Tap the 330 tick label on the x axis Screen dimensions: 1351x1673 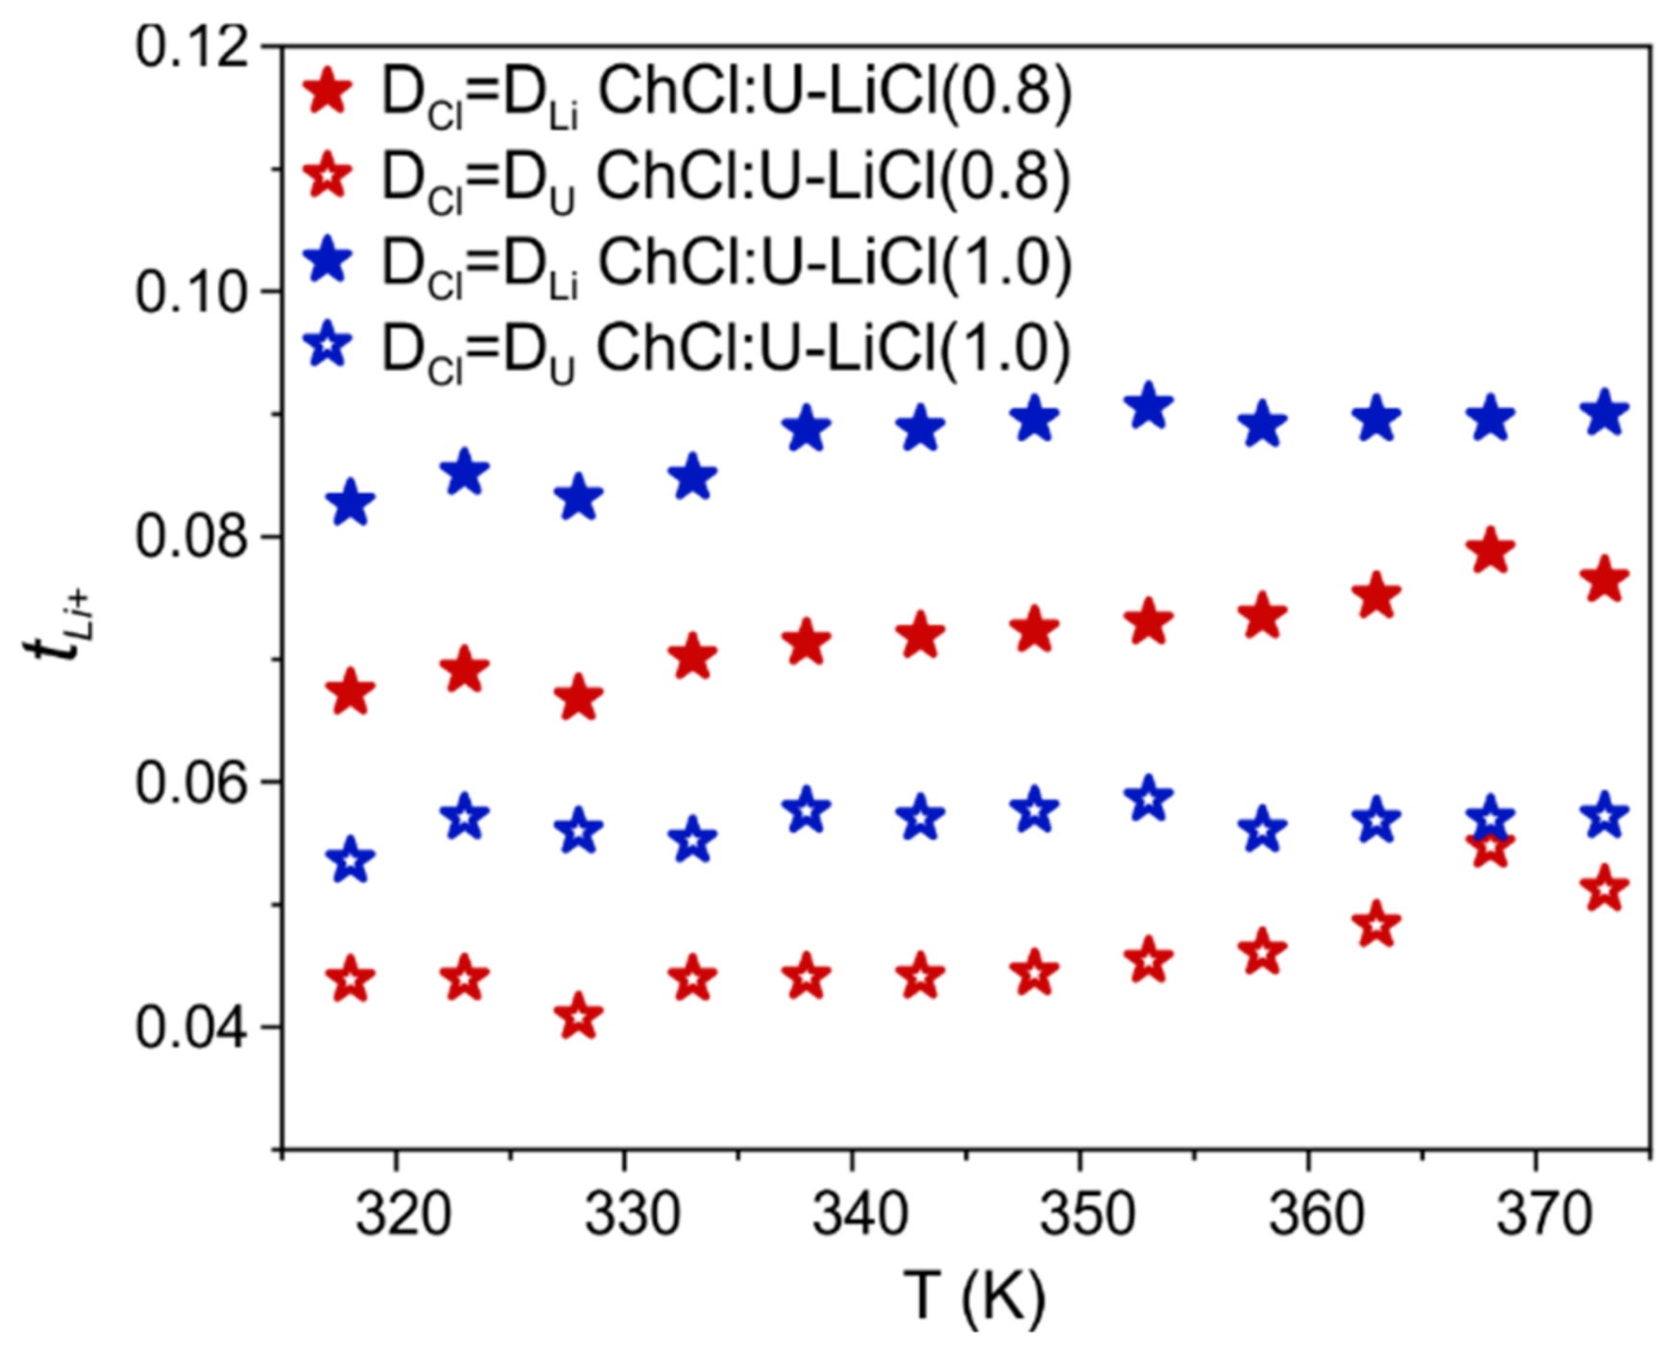(632, 1214)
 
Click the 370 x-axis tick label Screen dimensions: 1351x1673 (1544, 1214)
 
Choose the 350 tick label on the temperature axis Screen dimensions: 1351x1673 (1088, 1214)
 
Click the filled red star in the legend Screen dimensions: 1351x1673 (328, 92)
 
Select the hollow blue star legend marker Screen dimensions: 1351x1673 (328, 346)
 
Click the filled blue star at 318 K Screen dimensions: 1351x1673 (352, 503)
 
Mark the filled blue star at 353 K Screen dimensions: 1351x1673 (1149, 407)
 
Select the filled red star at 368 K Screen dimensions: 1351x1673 (1491, 551)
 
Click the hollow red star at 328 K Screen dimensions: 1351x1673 (579, 1017)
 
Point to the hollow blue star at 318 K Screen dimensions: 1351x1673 (352, 860)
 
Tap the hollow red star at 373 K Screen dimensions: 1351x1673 (1605, 889)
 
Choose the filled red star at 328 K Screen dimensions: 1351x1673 (579, 698)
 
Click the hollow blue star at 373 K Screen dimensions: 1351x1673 (1605, 816)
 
